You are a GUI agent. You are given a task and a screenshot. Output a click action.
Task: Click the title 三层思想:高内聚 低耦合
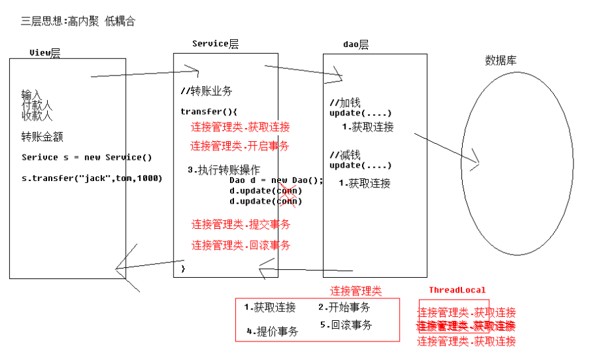tap(78, 21)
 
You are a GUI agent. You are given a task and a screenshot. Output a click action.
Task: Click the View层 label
tap(44, 53)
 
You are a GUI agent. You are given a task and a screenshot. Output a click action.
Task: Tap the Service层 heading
tap(215, 44)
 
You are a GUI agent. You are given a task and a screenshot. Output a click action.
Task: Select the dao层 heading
tap(355, 44)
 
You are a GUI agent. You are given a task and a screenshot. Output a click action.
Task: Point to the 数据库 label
tap(501, 60)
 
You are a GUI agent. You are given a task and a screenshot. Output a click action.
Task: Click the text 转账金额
tap(42, 137)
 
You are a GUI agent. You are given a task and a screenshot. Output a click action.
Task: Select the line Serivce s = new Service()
tap(86, 157)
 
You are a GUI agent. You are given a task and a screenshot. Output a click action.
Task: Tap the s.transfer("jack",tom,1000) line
tap(91, 178)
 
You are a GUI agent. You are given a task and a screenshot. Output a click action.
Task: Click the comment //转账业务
tap(206, 91)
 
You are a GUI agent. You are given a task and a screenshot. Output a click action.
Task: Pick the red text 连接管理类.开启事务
tap(240, 146)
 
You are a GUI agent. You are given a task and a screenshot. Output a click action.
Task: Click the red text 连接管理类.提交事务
tap(241, 224)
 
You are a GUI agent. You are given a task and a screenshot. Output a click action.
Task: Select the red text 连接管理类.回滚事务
tap(241, 245)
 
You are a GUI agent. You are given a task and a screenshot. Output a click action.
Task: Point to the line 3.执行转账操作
tap(223, 170)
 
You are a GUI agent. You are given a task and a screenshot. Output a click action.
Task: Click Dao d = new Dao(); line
tap(276, 180)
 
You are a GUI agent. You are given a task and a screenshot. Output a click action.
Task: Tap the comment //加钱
tap(345, 103)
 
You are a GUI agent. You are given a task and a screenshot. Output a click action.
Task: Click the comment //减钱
tap(345, 155)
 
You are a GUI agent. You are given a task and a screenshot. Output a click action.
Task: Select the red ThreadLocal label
tap(457, 290)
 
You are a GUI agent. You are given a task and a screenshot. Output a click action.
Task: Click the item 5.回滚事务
tap(345, 325)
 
